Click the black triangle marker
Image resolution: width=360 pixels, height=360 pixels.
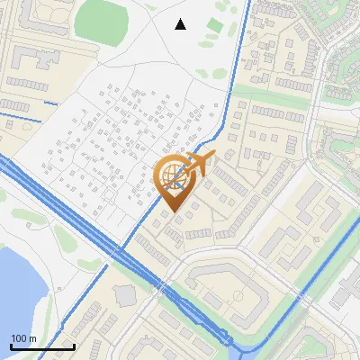(x=180, y=24)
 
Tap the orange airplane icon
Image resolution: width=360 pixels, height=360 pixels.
(x=199, y=164)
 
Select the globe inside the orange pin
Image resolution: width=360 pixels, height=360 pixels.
(x=173, y=177)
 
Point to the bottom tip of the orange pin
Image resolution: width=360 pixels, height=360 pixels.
(x=173, y=212)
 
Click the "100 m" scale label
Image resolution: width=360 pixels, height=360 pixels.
(x=23, y=337)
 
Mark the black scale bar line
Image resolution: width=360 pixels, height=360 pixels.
(x=42, y=346)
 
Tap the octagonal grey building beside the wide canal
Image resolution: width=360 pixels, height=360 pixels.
(x=124, y=296)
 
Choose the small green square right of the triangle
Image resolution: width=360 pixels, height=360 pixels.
(x=213, y=25)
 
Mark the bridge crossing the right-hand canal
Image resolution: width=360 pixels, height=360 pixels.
(x=319, y=244)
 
